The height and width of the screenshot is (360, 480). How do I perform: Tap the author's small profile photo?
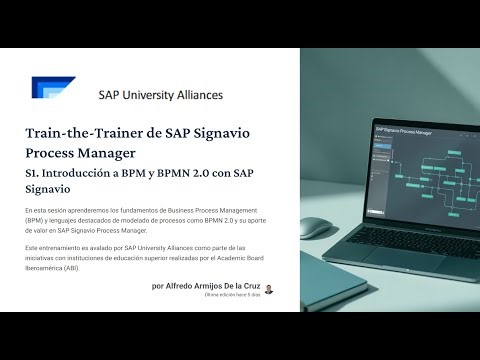coord(269,288)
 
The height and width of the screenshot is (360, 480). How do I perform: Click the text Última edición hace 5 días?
coord(232,296)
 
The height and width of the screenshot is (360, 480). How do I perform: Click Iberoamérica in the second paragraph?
coord(47,268)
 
